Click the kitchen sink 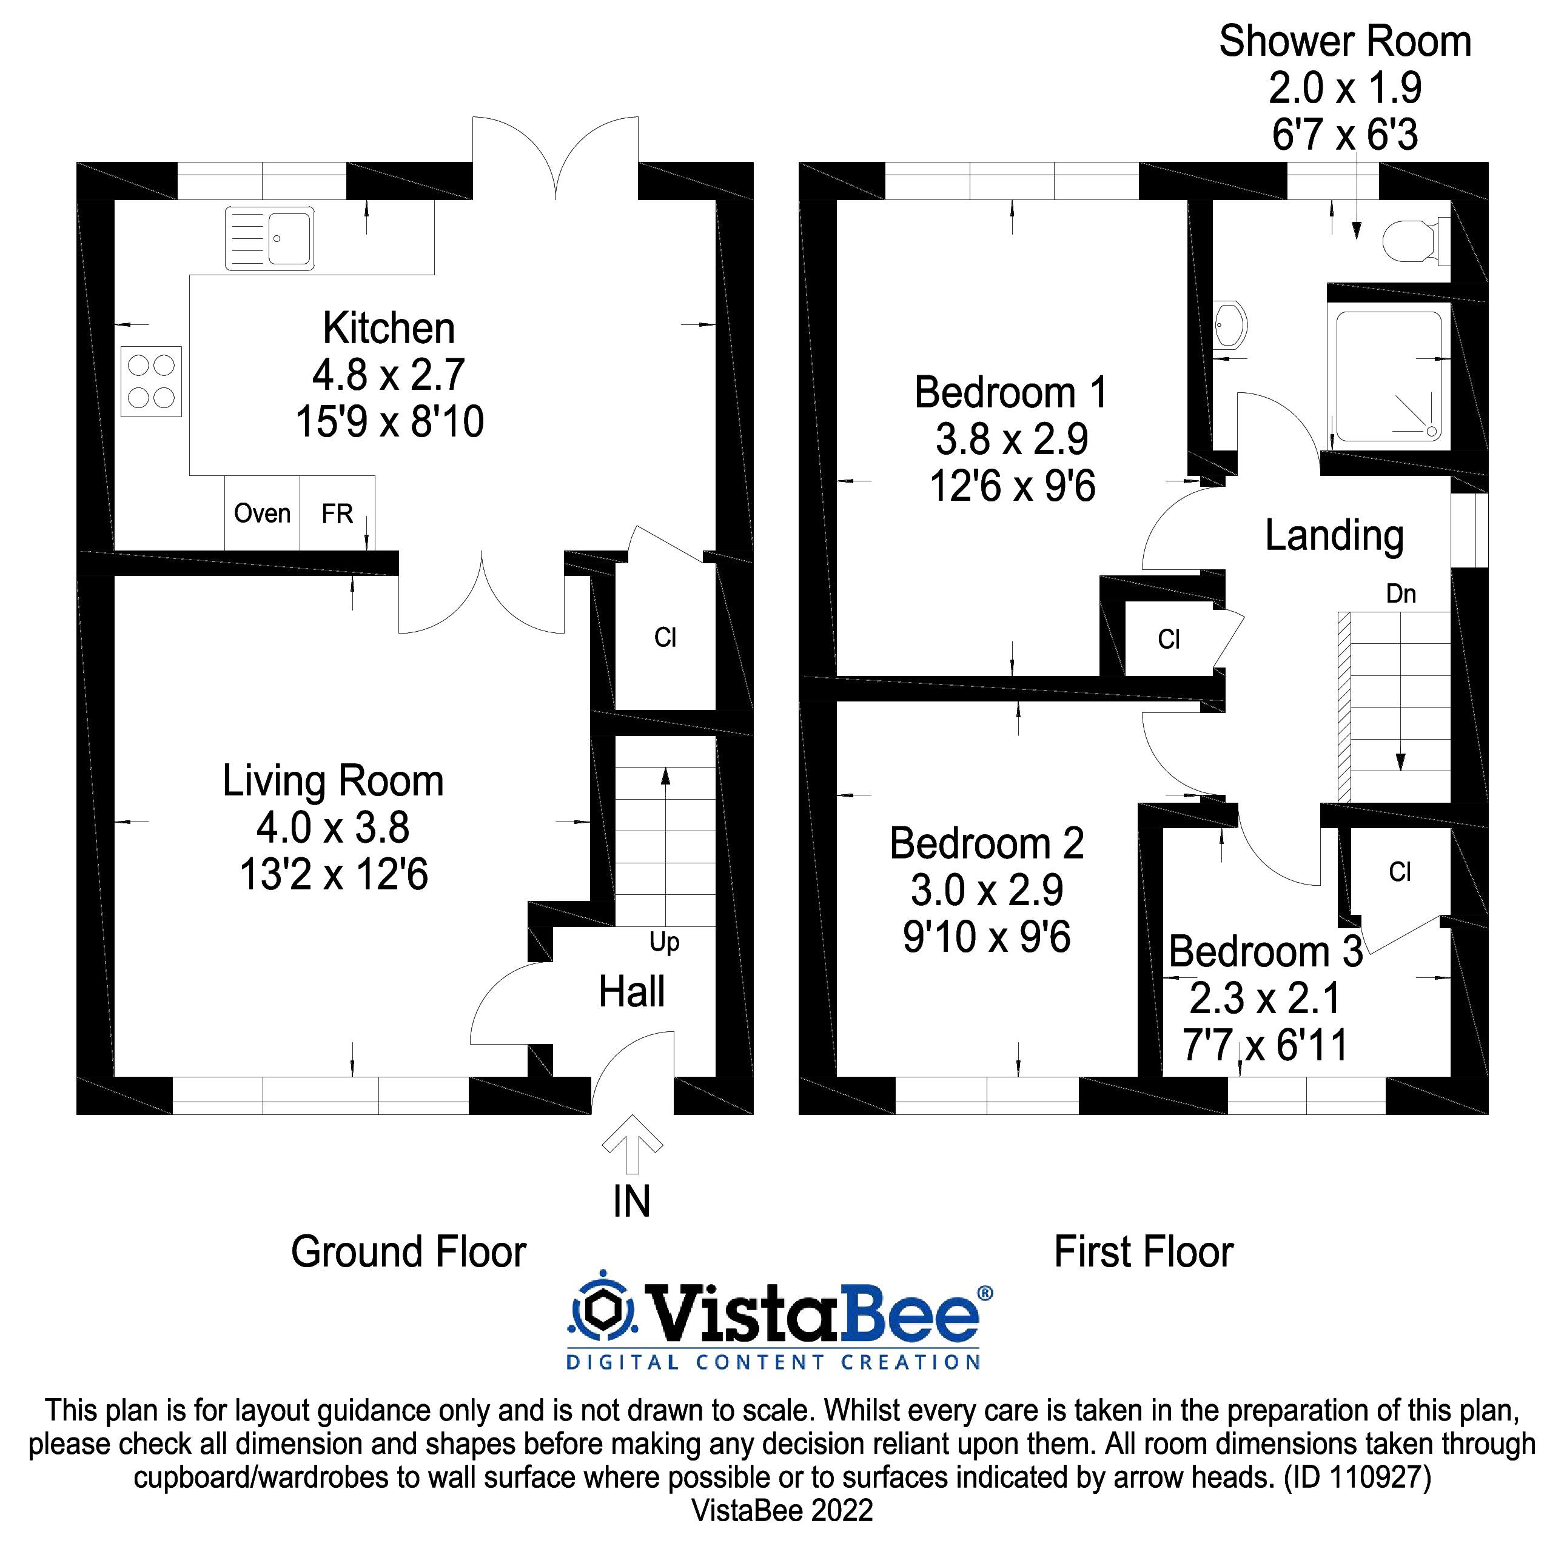click(x=270, y=238)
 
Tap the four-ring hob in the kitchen click(x=152, y=382)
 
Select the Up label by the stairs click(x=664, y=942)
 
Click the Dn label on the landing click(x=1400, y=594)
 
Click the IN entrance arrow click(x=633, y=1145)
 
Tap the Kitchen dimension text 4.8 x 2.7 click(x=389, y=375)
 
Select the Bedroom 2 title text click(x=986, y=843)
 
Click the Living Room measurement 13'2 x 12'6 click(x=334, y=874)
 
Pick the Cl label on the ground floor click(x=665, y=638)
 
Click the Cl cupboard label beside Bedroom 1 click(x=1168, y=640)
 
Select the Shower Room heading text click(x=1344, y=42)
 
